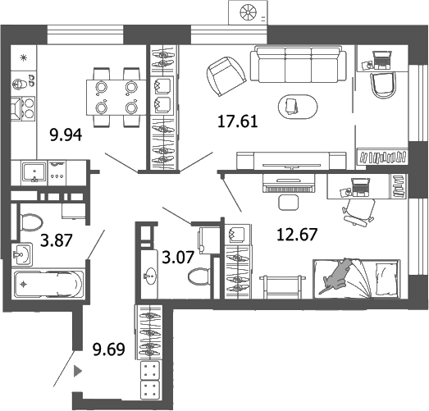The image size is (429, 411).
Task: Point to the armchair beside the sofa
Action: click(x=224, y=76)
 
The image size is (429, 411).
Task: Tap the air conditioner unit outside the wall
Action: click(x=249, y=11)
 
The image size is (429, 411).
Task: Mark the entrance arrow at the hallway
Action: click(x=78, y=371)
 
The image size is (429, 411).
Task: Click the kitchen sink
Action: click(x=34, y=172)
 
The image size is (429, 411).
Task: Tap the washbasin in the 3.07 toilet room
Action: click(x=152, y=274)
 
